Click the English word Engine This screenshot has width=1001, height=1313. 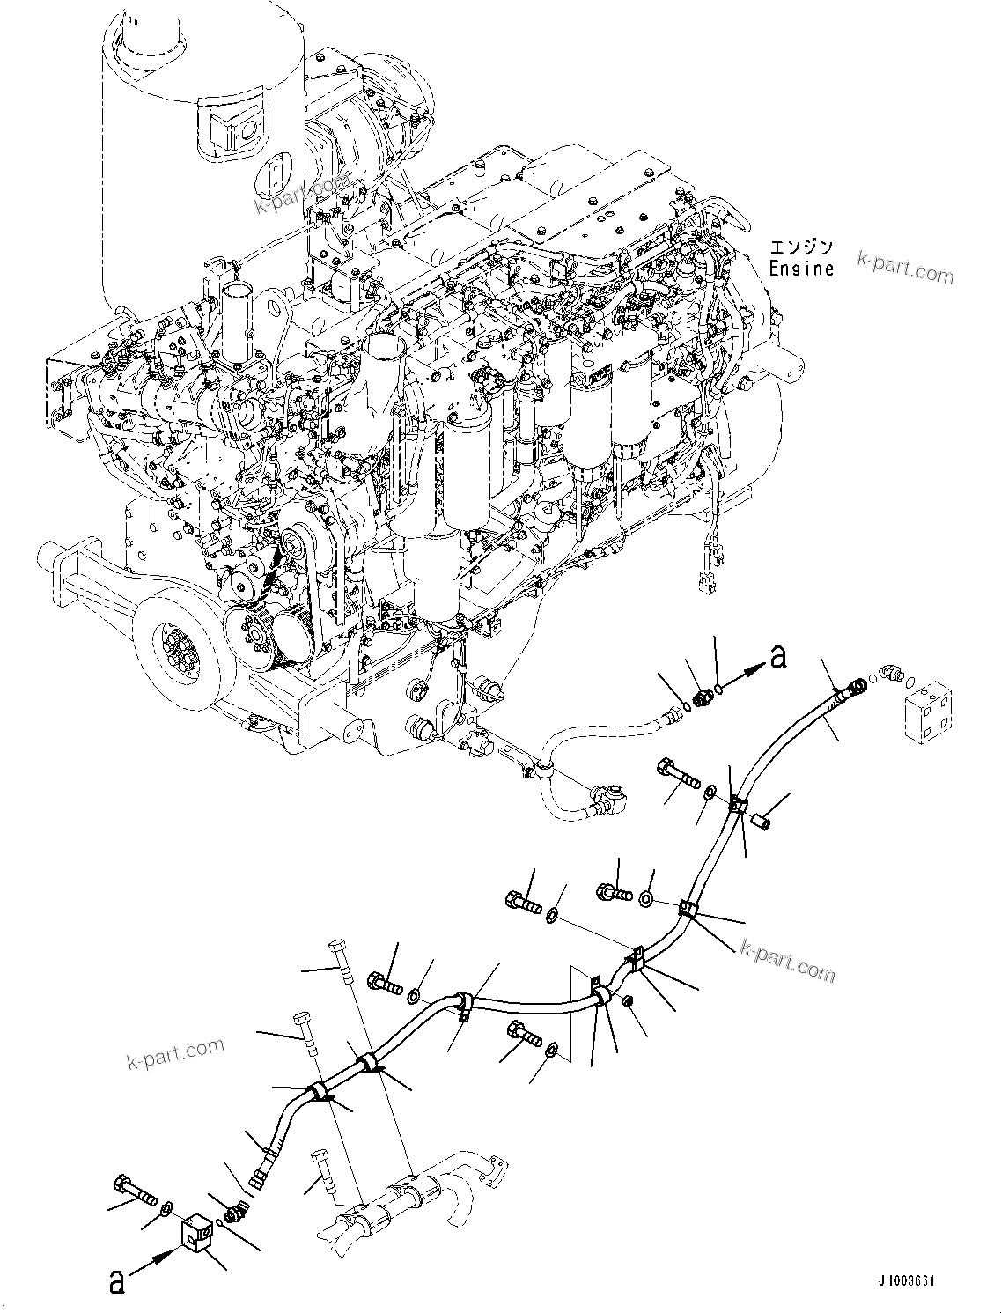tap(800, 268)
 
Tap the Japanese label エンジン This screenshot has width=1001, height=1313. tap(800, 247)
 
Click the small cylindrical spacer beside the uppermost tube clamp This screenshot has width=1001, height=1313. tap(762, 821)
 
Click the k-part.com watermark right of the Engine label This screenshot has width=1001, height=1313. tap(905, 269)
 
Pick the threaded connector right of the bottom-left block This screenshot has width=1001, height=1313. tap(233, 1213)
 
